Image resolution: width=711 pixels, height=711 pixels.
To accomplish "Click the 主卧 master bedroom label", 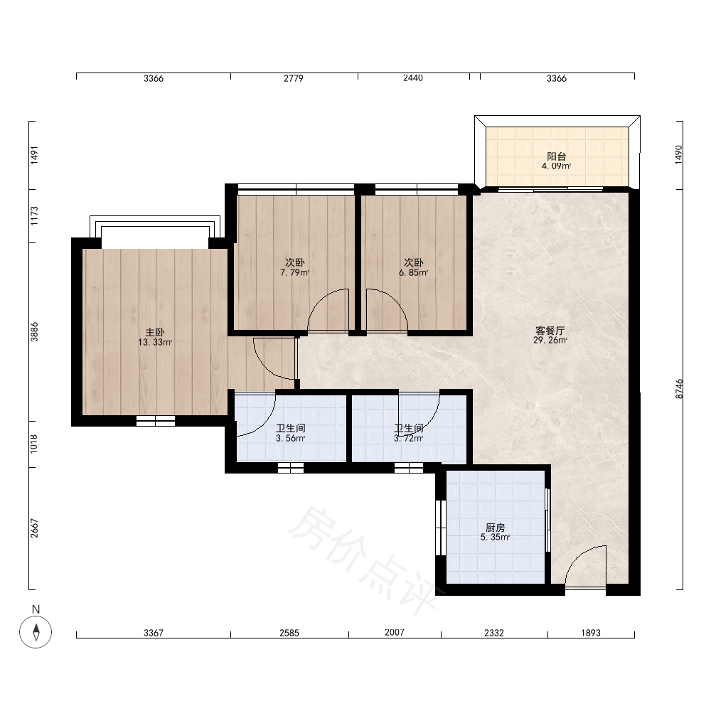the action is pyautogui.click(x=154, y=332).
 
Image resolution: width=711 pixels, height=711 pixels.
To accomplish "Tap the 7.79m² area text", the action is pyautogui.click(x=295, y=273).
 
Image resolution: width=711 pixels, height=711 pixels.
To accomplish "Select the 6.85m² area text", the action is pyautogui.click(x=414, y=273).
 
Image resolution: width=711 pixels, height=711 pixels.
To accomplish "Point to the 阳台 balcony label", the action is pyautogui.click(x=557, y=156).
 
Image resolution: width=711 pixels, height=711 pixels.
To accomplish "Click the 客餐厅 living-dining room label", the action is pyautogui.click(x=550, y=331).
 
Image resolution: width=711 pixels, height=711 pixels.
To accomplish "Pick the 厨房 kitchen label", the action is pyautogui.click(x=495, y=528).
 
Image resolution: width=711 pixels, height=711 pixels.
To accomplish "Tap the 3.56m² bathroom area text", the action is pyautogui.click(x=290, y=439).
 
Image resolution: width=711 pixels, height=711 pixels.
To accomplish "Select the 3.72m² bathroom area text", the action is pyautogui.click(x=409, y=439).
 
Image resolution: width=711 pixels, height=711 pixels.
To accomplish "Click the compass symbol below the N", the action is pyautogui.click(x=36, y=631).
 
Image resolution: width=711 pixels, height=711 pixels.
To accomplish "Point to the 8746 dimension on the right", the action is pyautogui.click(x=679, y=389).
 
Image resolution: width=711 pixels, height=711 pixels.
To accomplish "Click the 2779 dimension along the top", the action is pyautogui.click(x=294, y=78).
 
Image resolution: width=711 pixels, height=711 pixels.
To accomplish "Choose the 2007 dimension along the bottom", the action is pyautogui.click(x=395, y=633).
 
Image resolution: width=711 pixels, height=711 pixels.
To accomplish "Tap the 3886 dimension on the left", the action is pyautogui.click(x=34, y=332).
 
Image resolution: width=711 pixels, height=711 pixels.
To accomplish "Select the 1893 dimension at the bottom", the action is pyautogui.click(x=591, y=633).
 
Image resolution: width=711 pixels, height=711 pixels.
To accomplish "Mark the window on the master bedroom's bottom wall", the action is pyautogui.click(x=156, y=421).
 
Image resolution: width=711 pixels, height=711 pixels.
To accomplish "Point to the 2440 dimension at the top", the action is pyautogui.click(x=413, y=78).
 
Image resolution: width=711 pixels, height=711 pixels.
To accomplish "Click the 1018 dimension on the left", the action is pyautogui.click(x=34, y=444).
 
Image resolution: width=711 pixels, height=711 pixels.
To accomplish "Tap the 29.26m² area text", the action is pyautogui.click(x=550, y=341).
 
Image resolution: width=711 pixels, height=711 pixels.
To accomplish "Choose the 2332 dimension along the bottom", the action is pyautogui.click(x=494, y=633).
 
